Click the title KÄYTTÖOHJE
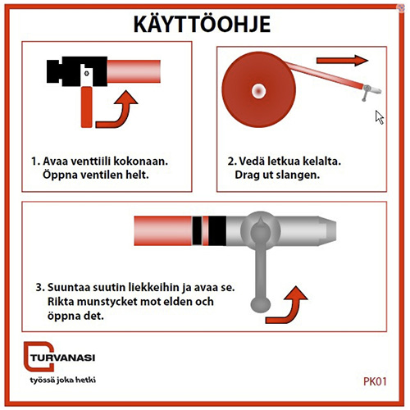coord(203,24)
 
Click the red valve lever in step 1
coord(86,107)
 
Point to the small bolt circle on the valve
coord(86,73)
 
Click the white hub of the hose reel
coord(258,91)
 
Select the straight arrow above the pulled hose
coord(342,60)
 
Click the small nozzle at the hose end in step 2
coord(371,91)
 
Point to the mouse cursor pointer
coord(380,117)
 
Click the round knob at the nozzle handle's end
coord(260,304)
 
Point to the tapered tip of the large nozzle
coord(327,231)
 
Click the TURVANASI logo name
coord(63,358)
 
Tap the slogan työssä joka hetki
coord(63,380)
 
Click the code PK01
coord(375,381)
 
